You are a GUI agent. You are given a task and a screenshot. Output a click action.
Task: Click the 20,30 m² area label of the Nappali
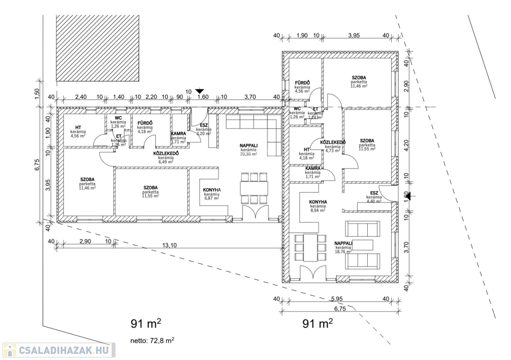248,154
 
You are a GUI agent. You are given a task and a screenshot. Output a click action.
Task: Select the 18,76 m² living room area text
343,252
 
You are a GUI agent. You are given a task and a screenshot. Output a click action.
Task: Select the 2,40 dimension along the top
81,97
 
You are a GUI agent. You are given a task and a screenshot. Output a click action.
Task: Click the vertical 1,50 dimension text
36,94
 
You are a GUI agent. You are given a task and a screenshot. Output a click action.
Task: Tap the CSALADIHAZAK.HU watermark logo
58,350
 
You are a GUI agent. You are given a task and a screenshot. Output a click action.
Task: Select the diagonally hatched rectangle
100,48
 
